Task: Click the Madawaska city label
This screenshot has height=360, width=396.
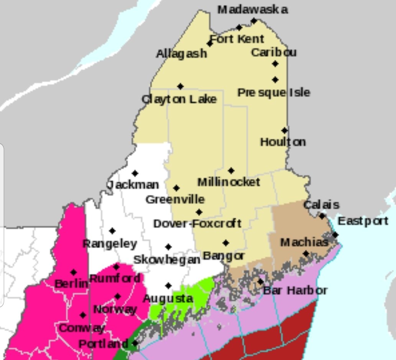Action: click(x=252, y=9)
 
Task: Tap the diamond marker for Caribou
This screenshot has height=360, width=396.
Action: click(x=275, y=64)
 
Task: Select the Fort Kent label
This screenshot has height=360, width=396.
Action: click(x=237, y=39)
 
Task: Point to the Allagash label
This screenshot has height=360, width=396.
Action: click(x=181, y=54)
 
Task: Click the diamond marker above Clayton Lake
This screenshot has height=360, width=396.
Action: click(x=180, y=86)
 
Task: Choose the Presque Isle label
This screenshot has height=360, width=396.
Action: click(x=274, y=92)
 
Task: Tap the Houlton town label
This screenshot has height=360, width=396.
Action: click(x=283, y=142)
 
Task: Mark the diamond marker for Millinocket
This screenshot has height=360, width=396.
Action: click(x=231, y=171)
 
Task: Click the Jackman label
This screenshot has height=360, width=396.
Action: click(x=133, y=185)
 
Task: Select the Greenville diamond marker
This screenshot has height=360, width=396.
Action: click(x=176, y=188)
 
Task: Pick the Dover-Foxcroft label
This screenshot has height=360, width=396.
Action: click(x=197, y=223)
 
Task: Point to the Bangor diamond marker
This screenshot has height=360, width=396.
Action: click(x=226, y=243)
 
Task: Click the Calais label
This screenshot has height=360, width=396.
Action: click(x=321, y=205)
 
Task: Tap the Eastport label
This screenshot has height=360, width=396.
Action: click(x=363, y=221)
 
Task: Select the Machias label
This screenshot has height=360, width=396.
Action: click(x=304, y=242)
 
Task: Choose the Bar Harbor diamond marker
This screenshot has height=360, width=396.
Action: click(x=260, y=282)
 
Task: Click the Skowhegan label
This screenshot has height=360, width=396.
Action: click(x=167, y=260)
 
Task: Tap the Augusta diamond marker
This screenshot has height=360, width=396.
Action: click(x=168, y=286)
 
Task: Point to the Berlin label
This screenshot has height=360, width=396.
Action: click(x=71, y=284)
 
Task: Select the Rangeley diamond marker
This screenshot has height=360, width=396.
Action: click(x=112, y=231)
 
